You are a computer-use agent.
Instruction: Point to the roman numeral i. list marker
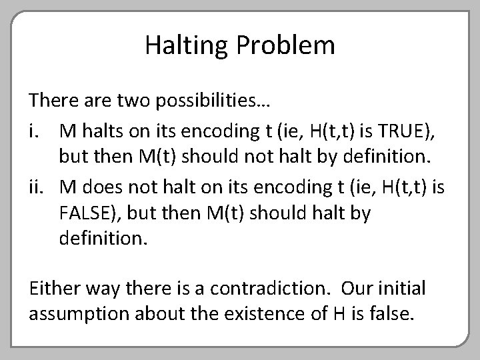(35, 131)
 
